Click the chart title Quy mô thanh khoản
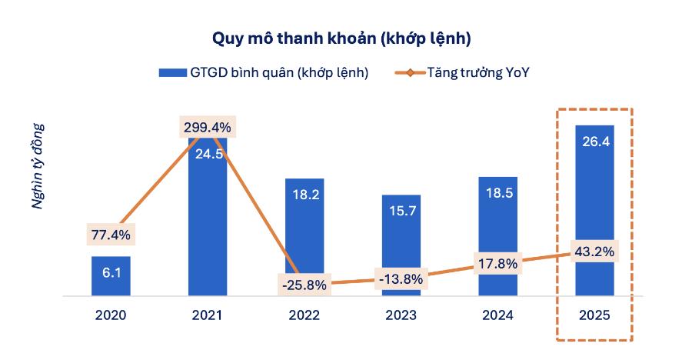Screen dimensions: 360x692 point(341,38)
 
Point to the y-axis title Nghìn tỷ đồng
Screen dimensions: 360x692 point(38,166)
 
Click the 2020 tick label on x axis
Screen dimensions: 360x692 point(111,315)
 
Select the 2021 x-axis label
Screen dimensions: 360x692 point(208,315)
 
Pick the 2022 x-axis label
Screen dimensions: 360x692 point(304,315)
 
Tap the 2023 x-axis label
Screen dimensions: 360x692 point(401,315)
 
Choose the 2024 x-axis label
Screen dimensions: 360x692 point(498,315)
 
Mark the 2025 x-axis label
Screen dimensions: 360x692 point(594,315)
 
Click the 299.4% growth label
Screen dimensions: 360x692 point(207,128)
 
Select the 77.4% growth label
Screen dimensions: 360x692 point(111,234)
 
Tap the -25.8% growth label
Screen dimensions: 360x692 point(304,285)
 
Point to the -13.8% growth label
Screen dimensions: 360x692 point(401,279)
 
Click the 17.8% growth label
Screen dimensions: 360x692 point(497,263)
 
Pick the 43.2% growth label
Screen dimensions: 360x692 point(594,252)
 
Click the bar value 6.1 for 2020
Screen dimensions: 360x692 point(111,273)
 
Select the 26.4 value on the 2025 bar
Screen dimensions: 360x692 point(594,142)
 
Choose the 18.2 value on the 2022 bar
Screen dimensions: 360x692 point(304,195)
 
